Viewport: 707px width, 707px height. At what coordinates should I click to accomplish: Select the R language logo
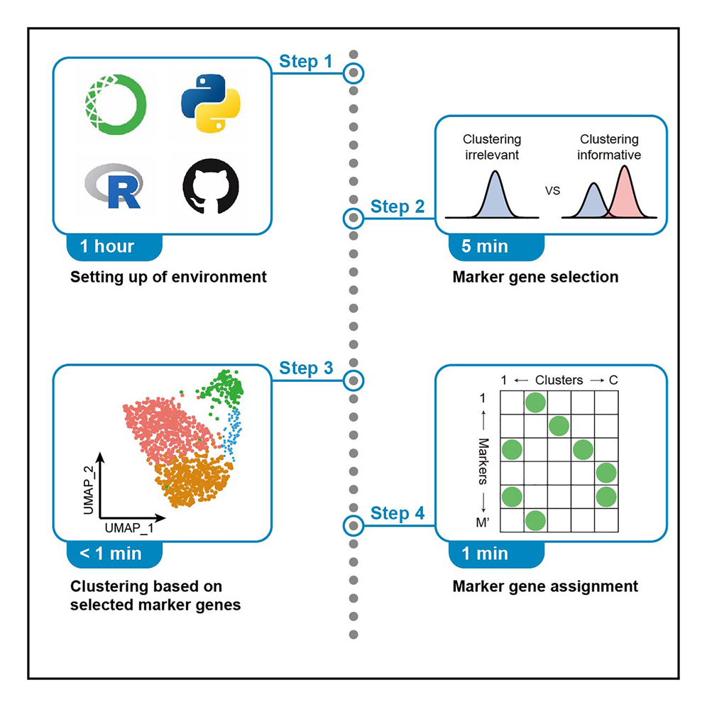tap(114, 187)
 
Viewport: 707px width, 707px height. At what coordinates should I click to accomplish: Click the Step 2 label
tap(398, 207)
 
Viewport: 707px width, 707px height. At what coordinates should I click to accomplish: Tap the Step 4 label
tap(398, 513)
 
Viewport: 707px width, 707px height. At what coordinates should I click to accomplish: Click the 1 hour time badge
tap(108, 247)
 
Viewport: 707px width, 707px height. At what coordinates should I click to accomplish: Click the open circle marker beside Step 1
tap(353, 73)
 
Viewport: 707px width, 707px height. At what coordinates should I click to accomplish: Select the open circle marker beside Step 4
tap(353, 526)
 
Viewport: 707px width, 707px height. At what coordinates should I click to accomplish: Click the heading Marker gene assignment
tap(545, 586)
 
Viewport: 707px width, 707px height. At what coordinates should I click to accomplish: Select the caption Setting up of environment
tap(168, 276)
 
